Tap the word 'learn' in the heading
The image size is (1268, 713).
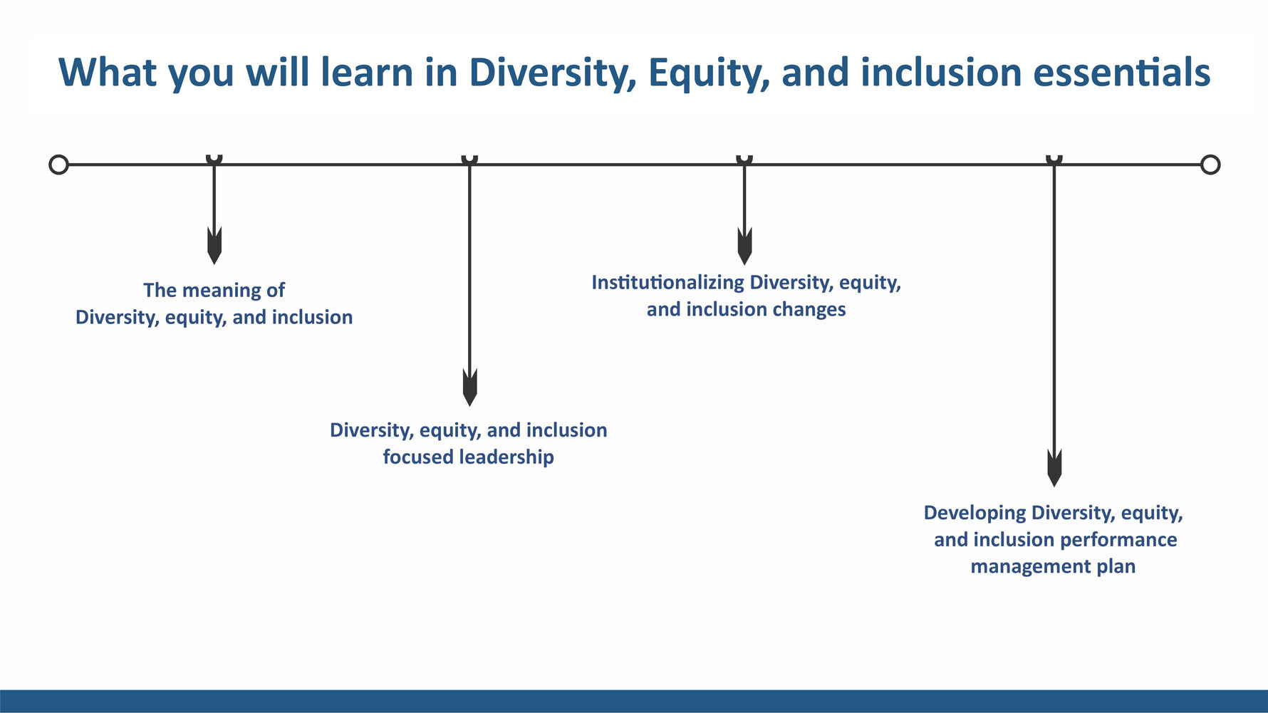(367, 73)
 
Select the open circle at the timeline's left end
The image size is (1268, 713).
(58, 165)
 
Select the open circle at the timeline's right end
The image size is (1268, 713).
(1210, 165)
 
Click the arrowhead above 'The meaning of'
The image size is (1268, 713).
(214, 246)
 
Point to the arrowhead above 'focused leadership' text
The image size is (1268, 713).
(469, 387)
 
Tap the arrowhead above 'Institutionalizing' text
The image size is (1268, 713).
(744, 246)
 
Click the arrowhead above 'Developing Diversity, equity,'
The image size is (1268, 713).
(1054, 468)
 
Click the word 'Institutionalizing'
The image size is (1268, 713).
(667, 283)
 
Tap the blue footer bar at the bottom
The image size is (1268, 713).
(634, 701)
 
